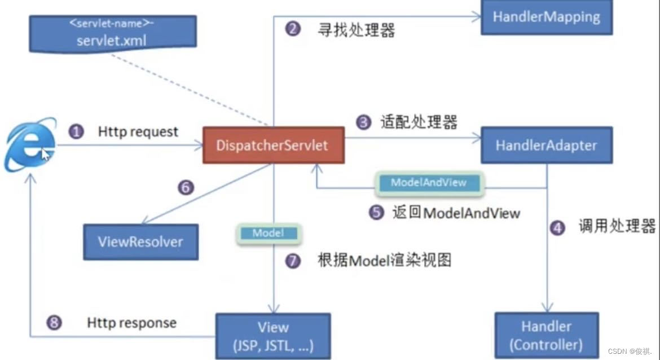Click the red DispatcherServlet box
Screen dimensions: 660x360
[x=274, y=145]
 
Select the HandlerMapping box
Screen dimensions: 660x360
[x=547, y=17]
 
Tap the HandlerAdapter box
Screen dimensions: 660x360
[x=547, y=145]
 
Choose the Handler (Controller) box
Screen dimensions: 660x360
[x=547, y=336]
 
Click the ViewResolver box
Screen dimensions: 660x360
[x=140, y=242]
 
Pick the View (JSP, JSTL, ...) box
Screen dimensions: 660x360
[x=273, y=336]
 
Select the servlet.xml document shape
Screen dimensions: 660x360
[x=113, y=34]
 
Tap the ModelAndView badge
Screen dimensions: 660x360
[x=429, y=183]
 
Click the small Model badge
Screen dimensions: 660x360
[x=269, y=233]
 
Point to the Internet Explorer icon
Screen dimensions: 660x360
[x=30, y=145]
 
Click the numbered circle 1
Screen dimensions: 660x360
[x=76, y=132]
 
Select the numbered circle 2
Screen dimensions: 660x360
[x=293, y=29]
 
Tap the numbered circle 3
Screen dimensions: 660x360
[x=364, y=122]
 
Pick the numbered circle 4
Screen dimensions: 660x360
[x=558, y=228]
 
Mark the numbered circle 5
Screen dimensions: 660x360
[x=377, y=213]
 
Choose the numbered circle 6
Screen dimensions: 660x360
[x=186, y=187]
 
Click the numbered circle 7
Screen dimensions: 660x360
[x=293, y=261]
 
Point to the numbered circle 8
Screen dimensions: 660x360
[x=54, y=323]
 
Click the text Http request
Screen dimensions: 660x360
[x=138, y=132]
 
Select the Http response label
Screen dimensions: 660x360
[x=132, y=323]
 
